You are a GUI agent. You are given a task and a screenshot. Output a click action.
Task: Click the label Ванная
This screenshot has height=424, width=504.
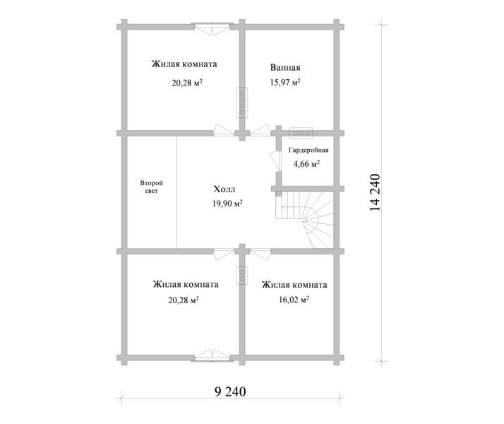[x=285, y=68]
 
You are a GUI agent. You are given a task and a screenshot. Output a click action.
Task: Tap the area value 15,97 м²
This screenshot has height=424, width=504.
[x=285, y=83]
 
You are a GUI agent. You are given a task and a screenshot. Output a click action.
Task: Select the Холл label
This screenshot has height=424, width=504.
[x=224, y=189]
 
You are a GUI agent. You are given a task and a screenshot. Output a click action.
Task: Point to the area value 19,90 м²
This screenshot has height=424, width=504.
[x=227, y=204]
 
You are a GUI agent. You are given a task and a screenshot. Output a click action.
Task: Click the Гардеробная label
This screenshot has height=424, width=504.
[x=308, y=151]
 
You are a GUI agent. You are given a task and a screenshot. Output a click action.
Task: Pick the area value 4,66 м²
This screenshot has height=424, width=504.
[x=306, y=164]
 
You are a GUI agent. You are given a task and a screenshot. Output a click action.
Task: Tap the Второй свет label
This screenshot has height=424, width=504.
[x=151, y=187]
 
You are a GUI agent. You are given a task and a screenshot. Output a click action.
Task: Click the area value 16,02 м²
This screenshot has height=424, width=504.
[x=294, y=300]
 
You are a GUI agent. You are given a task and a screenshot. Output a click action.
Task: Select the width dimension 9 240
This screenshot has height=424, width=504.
[x=230, y=391]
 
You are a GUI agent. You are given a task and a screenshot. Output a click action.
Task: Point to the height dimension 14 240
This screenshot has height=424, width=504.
[x=375, y=192]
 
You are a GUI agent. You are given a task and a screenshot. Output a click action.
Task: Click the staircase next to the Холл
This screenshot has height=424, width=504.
[x=304, y=220]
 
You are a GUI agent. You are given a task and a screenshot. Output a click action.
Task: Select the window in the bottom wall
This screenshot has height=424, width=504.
[x=212, y=356]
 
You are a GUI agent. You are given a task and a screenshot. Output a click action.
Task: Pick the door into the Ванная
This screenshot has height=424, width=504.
[x=259, y=130]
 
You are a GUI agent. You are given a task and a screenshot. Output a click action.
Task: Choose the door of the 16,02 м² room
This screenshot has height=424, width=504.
[x=260, y=253]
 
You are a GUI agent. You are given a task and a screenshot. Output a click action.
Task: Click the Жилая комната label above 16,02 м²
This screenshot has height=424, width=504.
[x=294, y=285]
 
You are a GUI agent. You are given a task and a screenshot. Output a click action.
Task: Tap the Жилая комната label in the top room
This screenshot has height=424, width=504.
[x=184, y=64]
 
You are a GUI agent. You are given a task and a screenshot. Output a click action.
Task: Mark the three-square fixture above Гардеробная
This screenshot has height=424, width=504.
[x=301, y=133]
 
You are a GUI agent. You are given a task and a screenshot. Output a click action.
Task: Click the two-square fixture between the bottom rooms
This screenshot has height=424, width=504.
[x=242, y=275]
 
